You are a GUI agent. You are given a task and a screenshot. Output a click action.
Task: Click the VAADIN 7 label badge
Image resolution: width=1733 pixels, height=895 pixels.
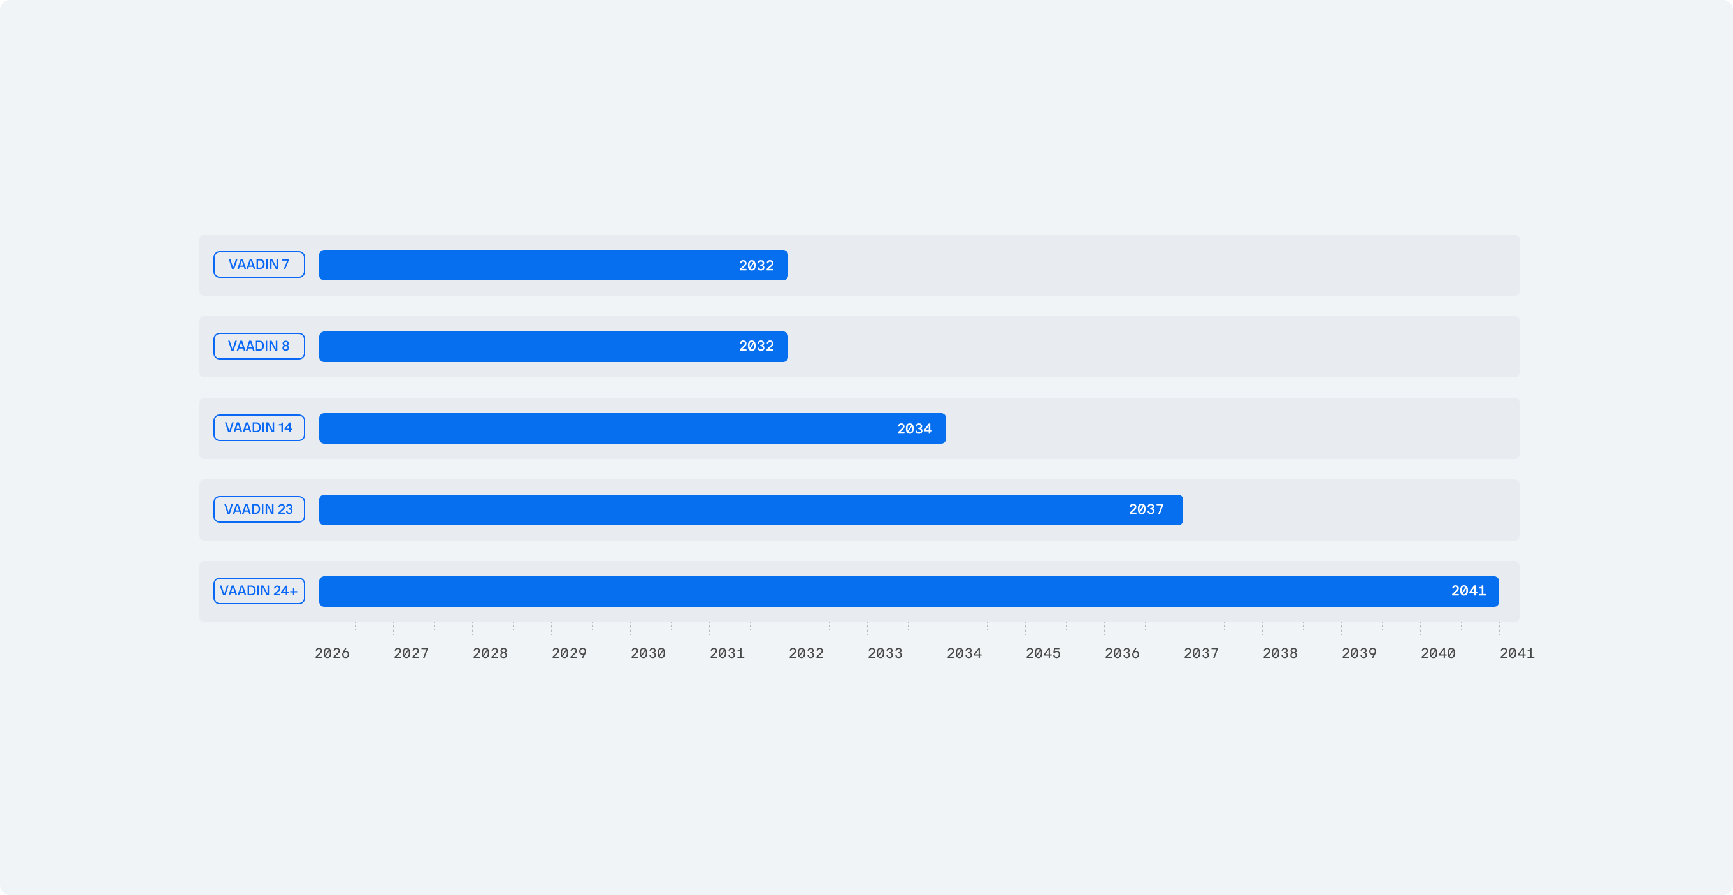coord(259,265)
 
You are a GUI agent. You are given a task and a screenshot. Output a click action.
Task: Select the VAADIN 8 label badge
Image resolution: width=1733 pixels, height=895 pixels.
coord(259,346)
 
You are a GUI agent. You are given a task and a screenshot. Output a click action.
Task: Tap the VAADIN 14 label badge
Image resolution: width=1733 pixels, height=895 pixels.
coord(259,427)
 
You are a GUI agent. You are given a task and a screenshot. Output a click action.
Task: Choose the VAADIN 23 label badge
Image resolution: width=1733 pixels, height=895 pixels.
coord(259,509)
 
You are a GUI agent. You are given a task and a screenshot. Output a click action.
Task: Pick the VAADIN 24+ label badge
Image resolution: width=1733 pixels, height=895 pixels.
coord(259,591)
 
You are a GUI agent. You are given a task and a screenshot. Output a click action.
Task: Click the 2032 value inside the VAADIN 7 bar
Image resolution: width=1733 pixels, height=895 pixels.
coord(756,266)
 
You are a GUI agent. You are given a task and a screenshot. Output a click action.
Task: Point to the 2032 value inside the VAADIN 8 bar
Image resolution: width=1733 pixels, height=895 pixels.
coord(756,346)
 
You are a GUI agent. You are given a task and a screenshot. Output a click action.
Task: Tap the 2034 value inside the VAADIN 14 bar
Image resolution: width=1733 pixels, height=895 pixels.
coord(914,428)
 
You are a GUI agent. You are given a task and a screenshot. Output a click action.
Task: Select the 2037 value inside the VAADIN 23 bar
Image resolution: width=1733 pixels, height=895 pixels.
coord(1146,509)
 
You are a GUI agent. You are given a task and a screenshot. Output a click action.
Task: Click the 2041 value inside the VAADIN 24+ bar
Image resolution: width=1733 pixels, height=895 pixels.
coord(1468,591)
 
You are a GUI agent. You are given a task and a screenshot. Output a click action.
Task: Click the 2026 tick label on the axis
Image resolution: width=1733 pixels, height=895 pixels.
coord(333,653)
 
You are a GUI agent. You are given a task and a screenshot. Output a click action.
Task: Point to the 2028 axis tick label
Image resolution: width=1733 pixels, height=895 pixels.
coord(490,653)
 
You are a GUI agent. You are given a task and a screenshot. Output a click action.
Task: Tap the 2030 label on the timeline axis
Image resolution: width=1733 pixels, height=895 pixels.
coord(648,653)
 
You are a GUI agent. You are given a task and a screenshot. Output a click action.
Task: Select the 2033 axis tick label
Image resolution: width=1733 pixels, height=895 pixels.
coord(885,653)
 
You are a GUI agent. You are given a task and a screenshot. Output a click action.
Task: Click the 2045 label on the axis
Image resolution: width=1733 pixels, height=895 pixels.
coord(1043,653)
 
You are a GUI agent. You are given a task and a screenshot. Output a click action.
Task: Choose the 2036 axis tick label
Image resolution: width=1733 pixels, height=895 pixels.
coord(1121,653)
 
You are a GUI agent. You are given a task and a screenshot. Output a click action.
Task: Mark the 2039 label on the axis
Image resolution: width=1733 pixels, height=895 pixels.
coord(1359,653)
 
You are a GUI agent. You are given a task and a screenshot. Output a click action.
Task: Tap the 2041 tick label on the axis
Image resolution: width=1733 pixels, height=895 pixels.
coord(1516,653)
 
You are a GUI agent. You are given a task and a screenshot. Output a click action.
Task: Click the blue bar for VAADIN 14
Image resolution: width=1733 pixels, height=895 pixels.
coord(605,428)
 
